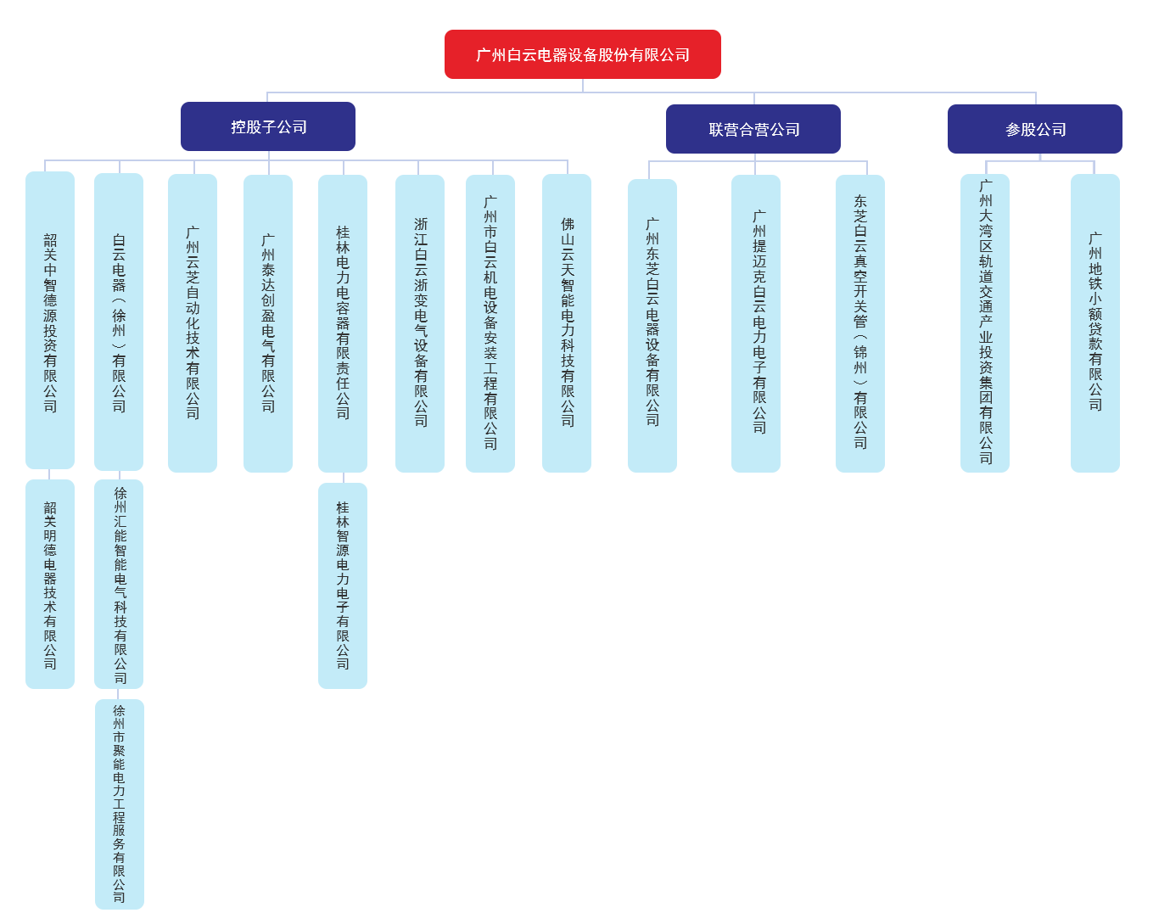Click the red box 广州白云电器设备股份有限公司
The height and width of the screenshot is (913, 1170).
coord(582,54)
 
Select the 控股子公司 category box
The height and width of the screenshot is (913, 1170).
coord(267,126)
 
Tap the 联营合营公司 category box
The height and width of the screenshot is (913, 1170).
coord(753,129)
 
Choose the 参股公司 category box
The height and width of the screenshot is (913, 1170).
coord(1034,129)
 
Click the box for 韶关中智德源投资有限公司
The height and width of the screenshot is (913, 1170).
coord(50,320)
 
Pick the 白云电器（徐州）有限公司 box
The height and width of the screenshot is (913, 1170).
coord(118,322)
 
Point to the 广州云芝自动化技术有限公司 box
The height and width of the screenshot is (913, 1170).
coord(192,322)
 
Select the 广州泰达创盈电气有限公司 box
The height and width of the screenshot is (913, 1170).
coord(267,322)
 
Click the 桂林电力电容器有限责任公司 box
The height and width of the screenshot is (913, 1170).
coord(342,322)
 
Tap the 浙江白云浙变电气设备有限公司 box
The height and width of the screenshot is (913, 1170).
coord(419,322)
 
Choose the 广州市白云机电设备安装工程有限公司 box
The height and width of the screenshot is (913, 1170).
coord(490,322)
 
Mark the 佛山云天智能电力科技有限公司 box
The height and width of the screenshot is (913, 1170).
coord(566,322)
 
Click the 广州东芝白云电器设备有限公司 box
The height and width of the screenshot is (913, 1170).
coord(652,324)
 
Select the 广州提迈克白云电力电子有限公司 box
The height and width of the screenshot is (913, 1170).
coord(755,322)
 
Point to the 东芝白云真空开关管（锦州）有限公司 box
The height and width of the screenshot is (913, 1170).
coord(859,322)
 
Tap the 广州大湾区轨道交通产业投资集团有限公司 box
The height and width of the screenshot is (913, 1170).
coord(984,322)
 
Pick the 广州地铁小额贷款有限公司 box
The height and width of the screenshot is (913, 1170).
coord(1094,322)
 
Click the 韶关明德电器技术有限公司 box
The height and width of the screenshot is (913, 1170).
coord(50,584)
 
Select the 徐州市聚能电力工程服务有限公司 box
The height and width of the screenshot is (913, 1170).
coord(119,803)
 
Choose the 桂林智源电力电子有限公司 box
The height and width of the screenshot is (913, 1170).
coord(342,585)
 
